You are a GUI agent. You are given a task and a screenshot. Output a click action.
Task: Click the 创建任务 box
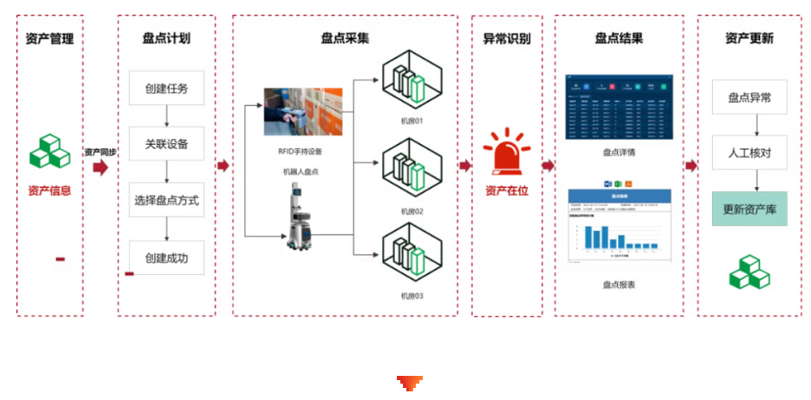[x=166, y=88]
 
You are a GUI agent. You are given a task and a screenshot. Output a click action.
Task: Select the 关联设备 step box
[x=166, y=143]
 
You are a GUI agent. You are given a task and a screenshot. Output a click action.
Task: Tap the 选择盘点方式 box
[x=166, y=200]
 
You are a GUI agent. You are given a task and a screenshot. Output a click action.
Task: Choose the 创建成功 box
[x=166, y=258]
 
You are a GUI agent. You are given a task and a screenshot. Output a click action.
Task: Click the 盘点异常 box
[x=749, y=97]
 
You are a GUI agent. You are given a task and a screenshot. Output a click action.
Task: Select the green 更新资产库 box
[x=749, y=209]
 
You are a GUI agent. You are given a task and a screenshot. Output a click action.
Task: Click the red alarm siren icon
[x=507, y=153]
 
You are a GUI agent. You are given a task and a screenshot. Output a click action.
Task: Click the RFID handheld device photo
[x=302, y=111]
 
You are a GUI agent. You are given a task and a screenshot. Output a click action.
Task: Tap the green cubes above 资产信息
[x=50, y=152]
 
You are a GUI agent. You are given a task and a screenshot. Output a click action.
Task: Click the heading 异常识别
[x=506, y=39]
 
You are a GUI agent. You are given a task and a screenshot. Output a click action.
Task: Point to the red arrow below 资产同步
[x=100, y=167]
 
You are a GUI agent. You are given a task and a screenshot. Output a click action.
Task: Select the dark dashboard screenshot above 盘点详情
[x=618, y=107]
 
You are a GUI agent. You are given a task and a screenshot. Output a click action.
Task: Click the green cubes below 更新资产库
[x=749, y=272]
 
